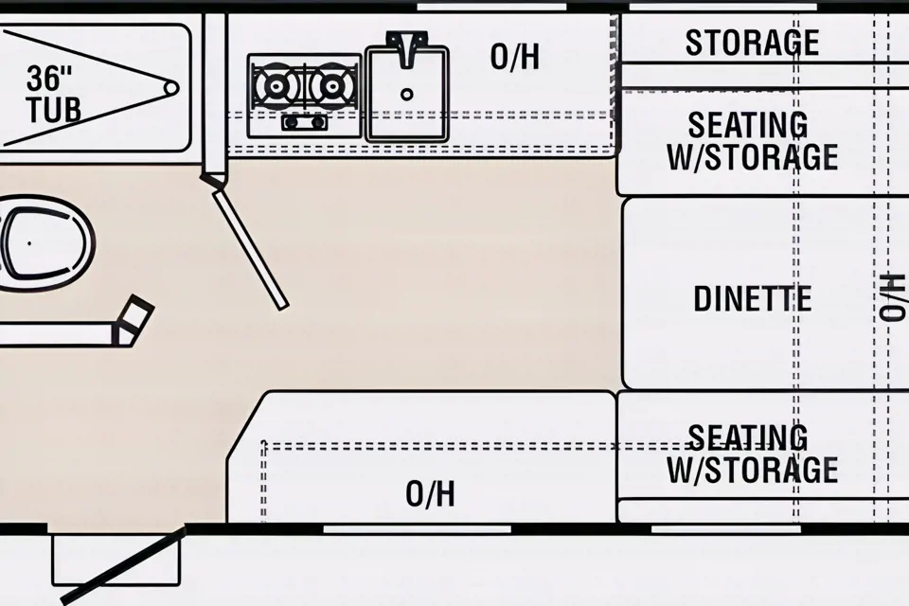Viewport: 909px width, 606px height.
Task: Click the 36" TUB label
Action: (54, 94)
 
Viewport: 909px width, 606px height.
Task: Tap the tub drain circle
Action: (170, 88)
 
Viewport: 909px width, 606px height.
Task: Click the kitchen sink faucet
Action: (407, 47)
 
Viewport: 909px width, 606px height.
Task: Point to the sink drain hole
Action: (407, 94)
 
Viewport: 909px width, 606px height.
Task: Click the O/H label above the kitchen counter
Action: (515, 57)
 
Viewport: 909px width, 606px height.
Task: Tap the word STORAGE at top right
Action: (752, 43)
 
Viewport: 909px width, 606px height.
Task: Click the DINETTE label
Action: (752, 299)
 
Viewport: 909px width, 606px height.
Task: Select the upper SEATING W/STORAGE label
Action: (752, 140)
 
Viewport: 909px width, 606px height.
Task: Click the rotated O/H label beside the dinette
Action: (891, 296)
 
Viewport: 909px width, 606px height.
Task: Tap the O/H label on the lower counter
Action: (431, 493)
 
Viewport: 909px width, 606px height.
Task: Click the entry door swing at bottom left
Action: (124, 566)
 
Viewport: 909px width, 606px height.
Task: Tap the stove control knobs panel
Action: (304, 122)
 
